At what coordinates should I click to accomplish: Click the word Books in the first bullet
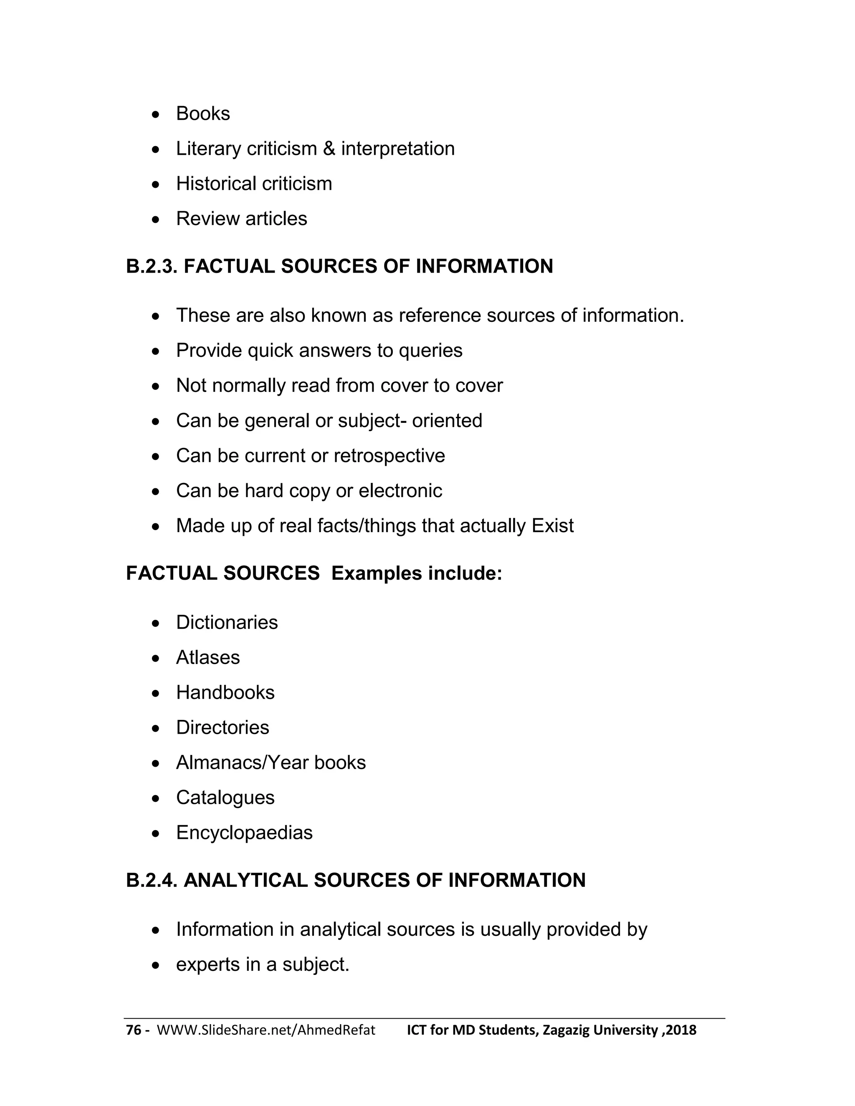click(x=202, y=114)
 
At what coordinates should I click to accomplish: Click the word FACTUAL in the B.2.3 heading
click(x=228, y=267)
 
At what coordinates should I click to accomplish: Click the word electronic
click(x=400, y=491)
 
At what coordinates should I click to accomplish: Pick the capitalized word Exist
click(x=552, y=525)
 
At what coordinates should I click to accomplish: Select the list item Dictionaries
click(x=227, y=622)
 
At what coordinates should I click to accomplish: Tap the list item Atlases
click(x=207, y=657)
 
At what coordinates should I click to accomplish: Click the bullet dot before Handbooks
click(x=156, y=693)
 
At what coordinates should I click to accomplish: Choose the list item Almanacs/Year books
click(x=271, y=763)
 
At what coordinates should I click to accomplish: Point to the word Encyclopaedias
click(x=244, y=833)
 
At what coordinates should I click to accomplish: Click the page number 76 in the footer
click(x=133, y=1030)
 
